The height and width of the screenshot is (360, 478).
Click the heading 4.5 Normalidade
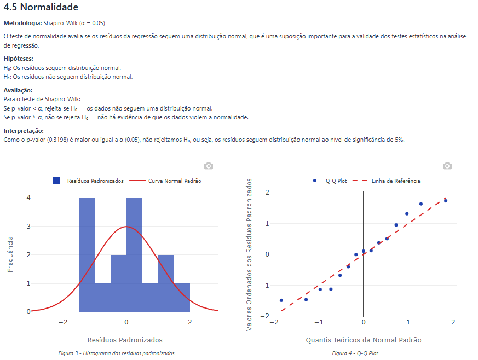(41, 8)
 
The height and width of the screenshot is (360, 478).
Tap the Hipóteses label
(19, 59)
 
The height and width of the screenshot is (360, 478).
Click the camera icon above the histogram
(208, 166)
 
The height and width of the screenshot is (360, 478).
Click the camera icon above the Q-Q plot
(447, 166)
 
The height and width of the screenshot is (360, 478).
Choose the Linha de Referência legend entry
(395, 181)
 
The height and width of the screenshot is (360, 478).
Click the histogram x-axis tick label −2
(63, 322)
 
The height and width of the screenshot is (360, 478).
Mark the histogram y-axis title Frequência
(10, 254)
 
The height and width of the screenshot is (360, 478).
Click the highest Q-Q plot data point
(446, 201)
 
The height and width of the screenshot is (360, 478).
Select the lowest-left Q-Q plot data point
(281, 300)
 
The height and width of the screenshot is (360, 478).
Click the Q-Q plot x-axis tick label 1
(408, 322)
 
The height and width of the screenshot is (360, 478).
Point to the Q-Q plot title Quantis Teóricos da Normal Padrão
(363, 340)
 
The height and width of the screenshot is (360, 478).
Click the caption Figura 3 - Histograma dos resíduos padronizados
(116, 353)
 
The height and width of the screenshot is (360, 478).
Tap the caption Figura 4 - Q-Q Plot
(355, 353)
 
